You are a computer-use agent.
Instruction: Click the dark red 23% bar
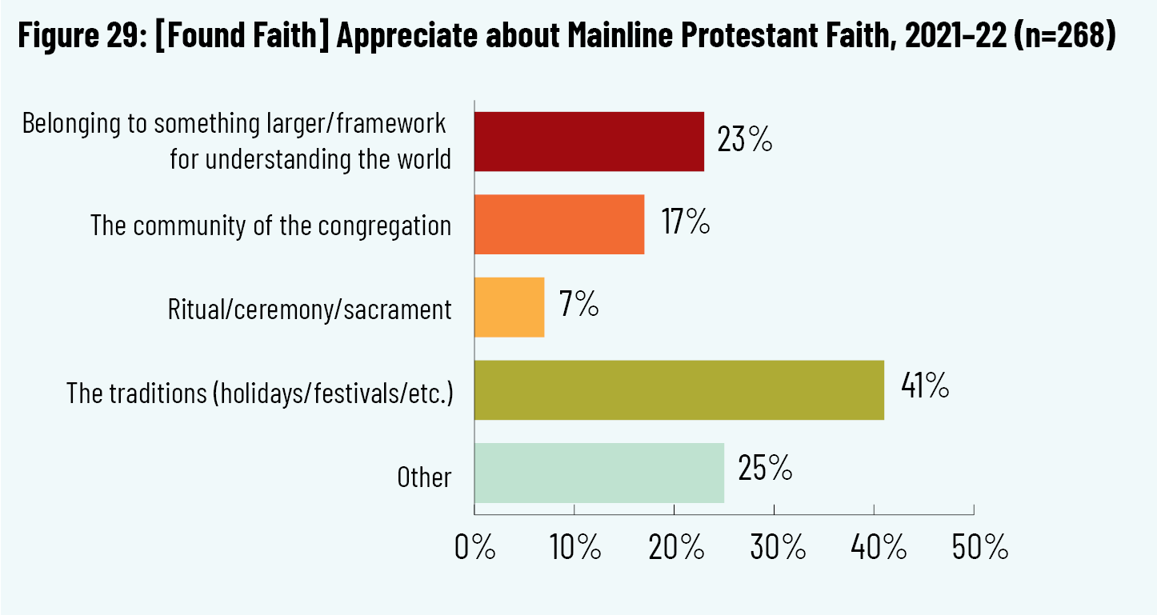click(x=589, y=142)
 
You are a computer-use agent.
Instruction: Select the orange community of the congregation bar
click(x=559, y=225)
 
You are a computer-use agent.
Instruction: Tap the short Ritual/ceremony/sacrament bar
click(x=509, y=307)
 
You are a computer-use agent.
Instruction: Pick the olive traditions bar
click(x=679, y=390)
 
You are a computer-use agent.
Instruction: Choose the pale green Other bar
click(x=599, y=473)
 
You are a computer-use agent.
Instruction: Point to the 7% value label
click(x=578, y=306)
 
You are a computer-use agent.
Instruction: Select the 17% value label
click(x=685, y=223)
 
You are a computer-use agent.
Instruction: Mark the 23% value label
click(x=744, y=141)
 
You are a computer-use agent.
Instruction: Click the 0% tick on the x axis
click(x=474, y=548)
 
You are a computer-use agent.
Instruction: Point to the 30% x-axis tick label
click(x=774, y=548)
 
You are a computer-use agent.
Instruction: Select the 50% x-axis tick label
click(x=974, y=548)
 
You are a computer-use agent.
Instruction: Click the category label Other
click(x=424, y=477)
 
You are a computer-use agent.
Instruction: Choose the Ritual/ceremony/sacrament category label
click(x=310, y=309)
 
